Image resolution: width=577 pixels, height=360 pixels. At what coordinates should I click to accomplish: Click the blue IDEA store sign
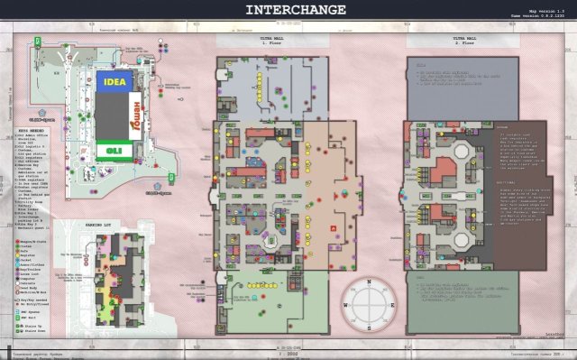(x=114, y=82)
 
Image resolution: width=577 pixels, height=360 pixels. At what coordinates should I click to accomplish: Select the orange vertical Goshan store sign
(x=138, y=115)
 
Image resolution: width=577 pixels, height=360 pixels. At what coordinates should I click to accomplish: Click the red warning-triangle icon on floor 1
(x=334, y=227)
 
